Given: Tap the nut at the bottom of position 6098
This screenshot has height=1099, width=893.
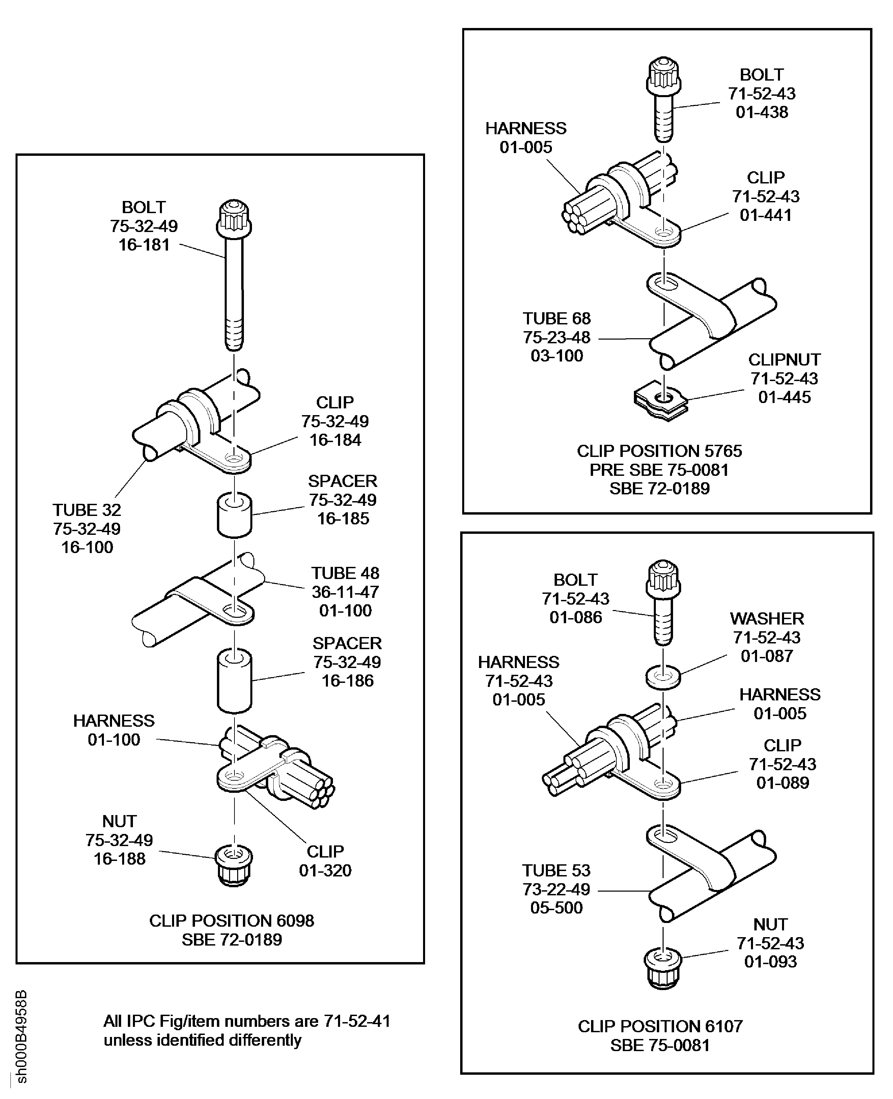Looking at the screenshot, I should pyautogui.click(x=234, y=867).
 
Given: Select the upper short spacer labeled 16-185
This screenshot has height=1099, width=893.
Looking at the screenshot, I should pyautogui.click(x=234, y=515).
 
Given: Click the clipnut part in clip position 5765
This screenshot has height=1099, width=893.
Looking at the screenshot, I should pyautogui.click(x=661, y=402).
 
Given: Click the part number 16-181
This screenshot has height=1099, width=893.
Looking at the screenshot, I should pyautogui.click(x=144, y=245).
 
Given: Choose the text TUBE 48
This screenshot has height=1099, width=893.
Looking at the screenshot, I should pyautogui.click(x=345, y=573).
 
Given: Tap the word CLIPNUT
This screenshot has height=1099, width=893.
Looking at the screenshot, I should pyautogui.click(x=784, y=359).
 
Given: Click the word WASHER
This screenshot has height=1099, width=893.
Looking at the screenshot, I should pyautogui.click(x=766, y=618).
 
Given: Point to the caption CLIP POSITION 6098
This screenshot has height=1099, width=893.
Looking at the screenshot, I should pyautogui.click(x=231, y=921).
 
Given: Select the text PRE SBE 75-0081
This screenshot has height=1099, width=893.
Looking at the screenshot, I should pyautogui.click(x=659, y=469).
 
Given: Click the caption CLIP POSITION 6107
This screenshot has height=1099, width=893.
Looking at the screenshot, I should pyautogui.click(x=660, y=1026).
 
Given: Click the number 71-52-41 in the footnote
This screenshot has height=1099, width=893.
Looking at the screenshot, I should pyautogui.click(x=357, y=1021).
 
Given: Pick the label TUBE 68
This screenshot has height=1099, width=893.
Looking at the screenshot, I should pyautogui.click(x=557, y=318).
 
